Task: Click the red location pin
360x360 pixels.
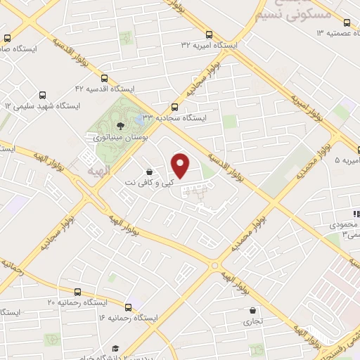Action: pos(181,166)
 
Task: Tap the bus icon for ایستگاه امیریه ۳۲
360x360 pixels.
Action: pos(209,34)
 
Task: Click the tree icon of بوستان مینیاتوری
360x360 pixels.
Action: pos(121,126)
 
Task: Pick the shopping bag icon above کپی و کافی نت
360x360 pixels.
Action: pos(149,172)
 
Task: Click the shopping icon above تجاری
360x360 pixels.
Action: pos(252,310)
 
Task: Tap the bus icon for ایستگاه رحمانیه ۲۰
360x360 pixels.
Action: pos(77,291)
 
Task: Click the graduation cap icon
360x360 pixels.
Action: pos(115,349)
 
